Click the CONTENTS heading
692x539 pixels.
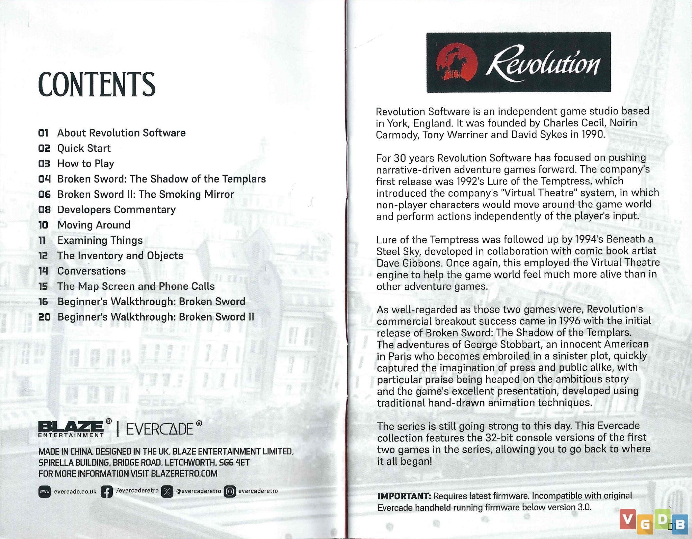click(97, 84)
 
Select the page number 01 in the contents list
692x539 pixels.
click(43, 133)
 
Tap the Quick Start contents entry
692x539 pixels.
click(84, 148)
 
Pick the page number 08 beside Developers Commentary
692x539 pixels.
click(44, 210)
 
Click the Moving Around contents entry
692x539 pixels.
click(94, 225)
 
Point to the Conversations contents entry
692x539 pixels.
click(91, 271)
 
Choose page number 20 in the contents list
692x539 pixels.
click(44, 317)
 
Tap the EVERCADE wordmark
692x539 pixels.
click(160, 429)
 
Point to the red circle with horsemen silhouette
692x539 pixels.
click(457, 63)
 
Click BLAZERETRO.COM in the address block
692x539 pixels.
click(184, 474)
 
